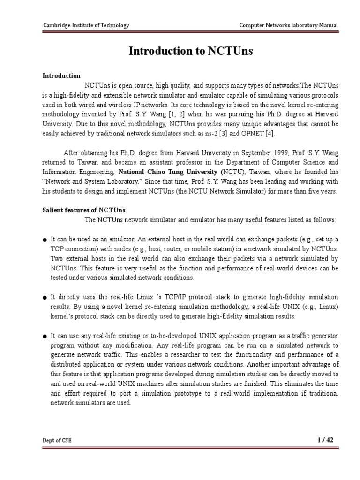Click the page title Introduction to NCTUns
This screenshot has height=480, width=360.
191,51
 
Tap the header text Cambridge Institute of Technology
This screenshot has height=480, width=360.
86,25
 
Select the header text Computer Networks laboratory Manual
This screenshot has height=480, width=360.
288,25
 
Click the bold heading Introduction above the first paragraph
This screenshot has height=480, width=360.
61,76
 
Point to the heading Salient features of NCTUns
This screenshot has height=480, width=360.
84,210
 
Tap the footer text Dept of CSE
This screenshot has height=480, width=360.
57,440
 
